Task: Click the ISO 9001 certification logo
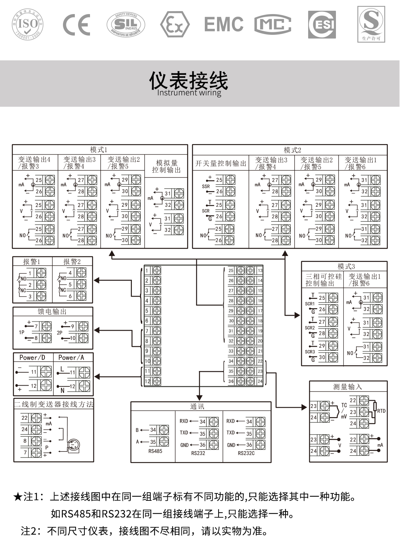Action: point(28,24)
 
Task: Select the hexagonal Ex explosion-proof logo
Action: point(174,25)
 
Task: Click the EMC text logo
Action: point(224,24)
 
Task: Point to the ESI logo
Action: point(322,24)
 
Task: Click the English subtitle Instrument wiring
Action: point(189,93)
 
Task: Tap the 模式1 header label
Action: point(99,150)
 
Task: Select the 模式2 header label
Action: point(292,150)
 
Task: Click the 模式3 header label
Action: point(346,266)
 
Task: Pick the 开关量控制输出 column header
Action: point(221,163)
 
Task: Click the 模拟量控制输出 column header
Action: point(166,166)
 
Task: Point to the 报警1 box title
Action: point(32,262)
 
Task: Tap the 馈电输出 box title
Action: point(52,312)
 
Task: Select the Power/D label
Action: point(32,357)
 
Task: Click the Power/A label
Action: point(71,357)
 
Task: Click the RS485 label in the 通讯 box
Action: point(155,451)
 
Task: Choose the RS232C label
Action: point(246,453)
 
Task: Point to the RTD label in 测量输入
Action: point(381,411)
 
